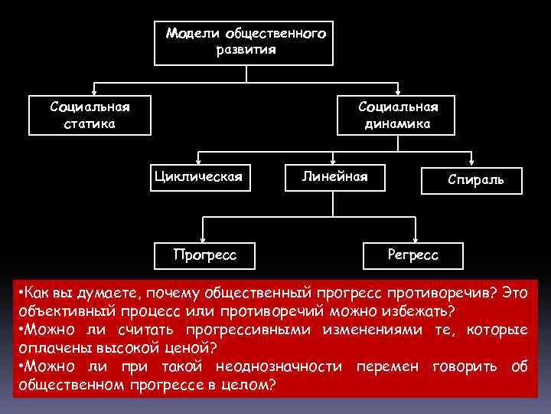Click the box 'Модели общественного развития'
pyautogui.click(x=244, y=42)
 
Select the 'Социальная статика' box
pyautogui.click(x=90, y=113)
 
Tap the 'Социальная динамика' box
pyautogui.click(x=397, y=113)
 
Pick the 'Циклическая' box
pyautogui.click(x=198, y=177)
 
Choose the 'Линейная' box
pyautogui.click(x=334, y=177)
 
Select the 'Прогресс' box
pyautogui.click(x=204, y=254)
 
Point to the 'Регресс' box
pyautogui.click(x=413, y=254)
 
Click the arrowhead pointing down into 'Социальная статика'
pyautogui.click(x=93, y=90)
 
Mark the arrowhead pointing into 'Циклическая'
pyautogui.click(x=198, y=163)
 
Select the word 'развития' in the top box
pyautogui.click(x=246, y=50)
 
